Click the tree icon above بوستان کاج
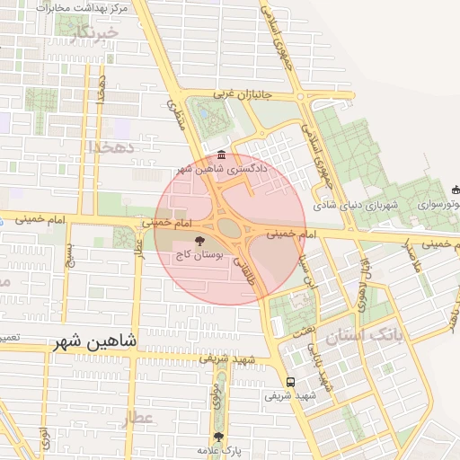pos(200,241)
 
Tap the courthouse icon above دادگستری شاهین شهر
pos(222,154)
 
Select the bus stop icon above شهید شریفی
pos(289,380)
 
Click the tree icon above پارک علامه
pos(217,436)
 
